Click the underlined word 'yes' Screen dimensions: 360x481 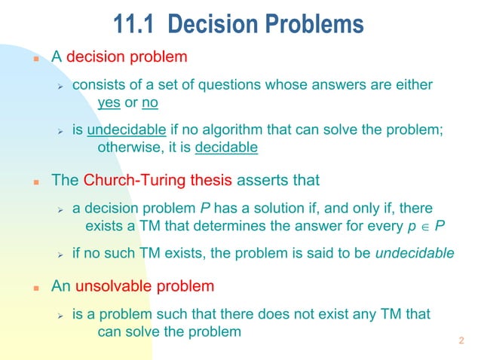pyautogui.click(x=110, y=102)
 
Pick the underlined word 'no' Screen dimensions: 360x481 pyautogui.click(x=149, y=102)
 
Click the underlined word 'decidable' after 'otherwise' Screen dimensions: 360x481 pyautogui.click(x=226, y=148)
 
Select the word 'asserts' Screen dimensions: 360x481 pyautogui.click(x=260, y=181)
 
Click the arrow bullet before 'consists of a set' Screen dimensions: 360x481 pyautogui.click(x=63, y=85)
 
